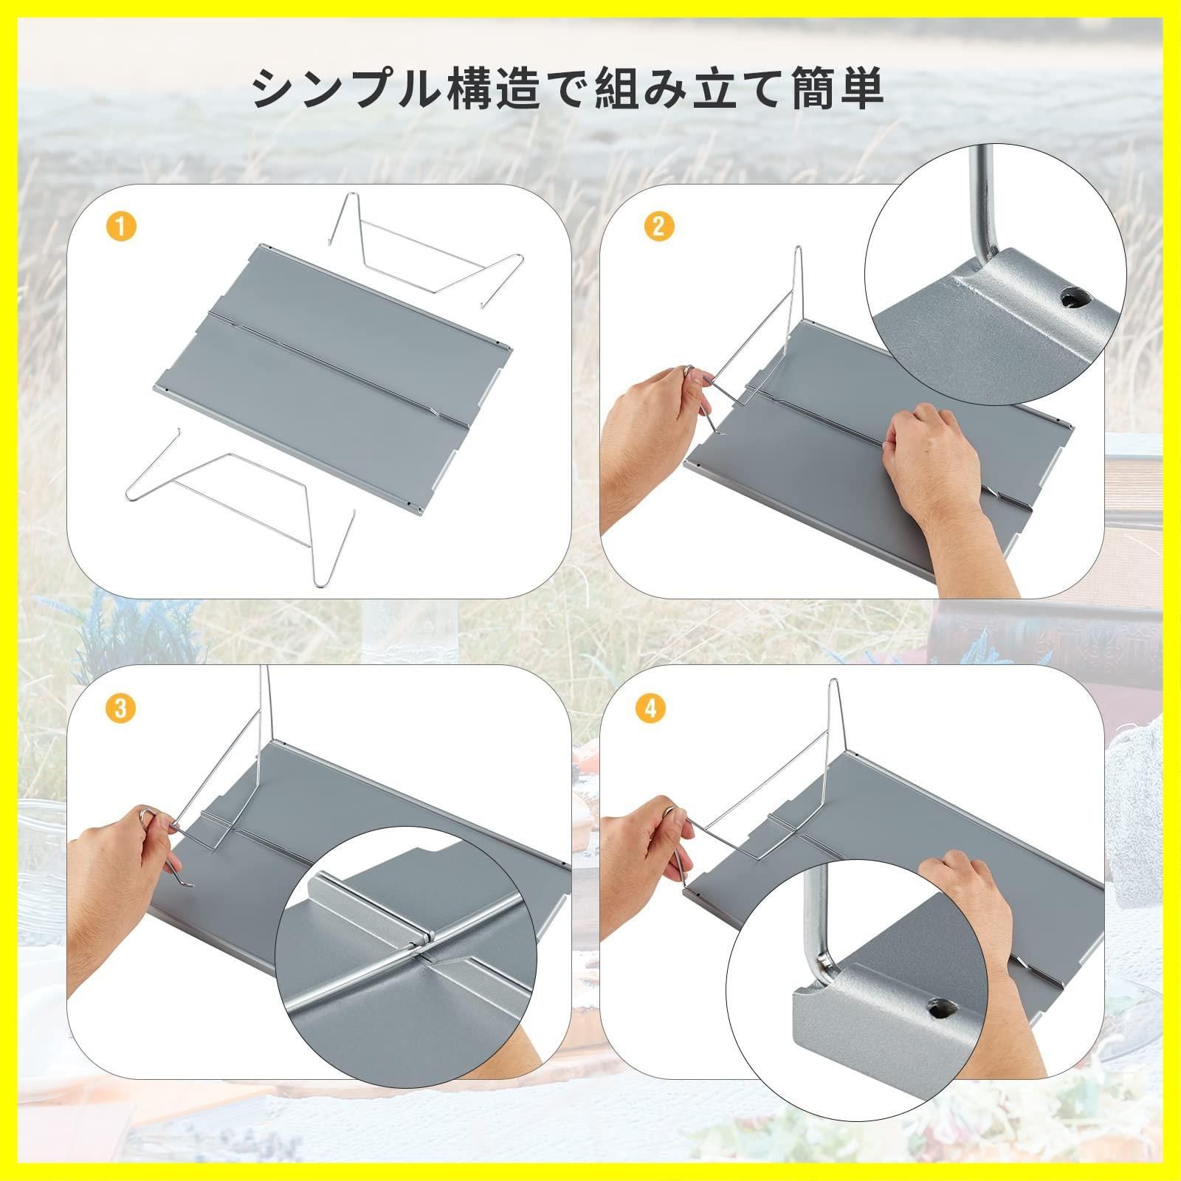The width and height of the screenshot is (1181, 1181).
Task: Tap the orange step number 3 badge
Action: pyautogui.click(x=122, y=709)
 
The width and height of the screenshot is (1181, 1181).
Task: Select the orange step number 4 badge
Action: pyautogui.click(x=650, y=709)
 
